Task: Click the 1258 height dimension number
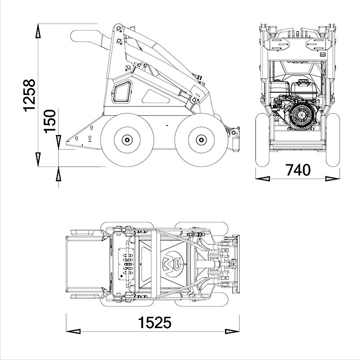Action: coord(29,95)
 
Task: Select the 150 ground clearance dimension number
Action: coord(50,120)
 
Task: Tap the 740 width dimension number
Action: coord(298,170)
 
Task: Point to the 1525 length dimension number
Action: coord(154,323)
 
